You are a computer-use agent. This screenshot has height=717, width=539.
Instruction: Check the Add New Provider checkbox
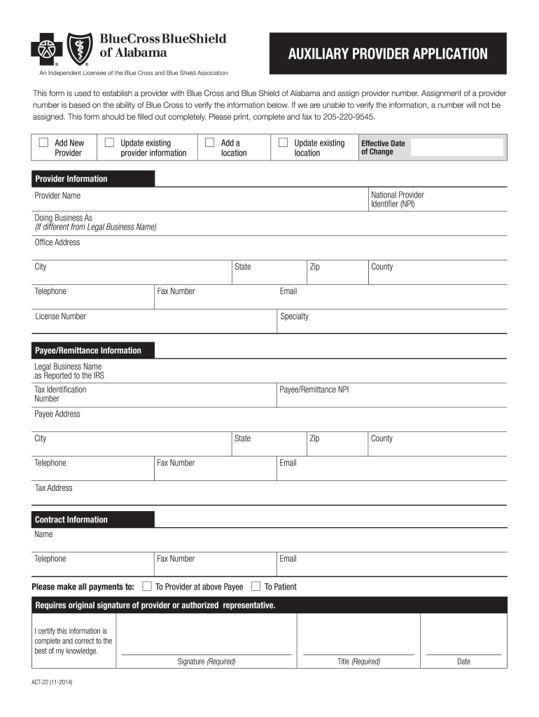click(43, 143)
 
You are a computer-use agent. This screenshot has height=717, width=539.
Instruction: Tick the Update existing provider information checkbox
click(109, 143)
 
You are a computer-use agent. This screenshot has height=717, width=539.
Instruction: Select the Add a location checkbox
click(209, 143)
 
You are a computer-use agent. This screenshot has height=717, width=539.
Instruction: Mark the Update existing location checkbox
click(283, 143)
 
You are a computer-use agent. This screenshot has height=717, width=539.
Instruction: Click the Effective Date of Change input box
click(456, 148)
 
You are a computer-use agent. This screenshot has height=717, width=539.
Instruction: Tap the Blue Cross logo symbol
click(47, 48)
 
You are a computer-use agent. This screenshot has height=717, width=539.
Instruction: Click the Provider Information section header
click(71, 179)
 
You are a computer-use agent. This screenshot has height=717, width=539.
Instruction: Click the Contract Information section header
click(71, 520)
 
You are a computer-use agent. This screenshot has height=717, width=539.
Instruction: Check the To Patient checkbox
click(256, 586)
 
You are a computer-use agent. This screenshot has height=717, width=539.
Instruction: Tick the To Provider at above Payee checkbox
click(147, 586)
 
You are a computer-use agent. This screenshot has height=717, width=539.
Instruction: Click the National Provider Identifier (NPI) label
click(397, 200)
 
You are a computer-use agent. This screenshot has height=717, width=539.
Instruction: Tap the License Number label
click(61, 316)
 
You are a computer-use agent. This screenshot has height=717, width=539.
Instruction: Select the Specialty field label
click(294, 316)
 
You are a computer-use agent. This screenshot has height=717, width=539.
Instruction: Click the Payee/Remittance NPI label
click(314, 389)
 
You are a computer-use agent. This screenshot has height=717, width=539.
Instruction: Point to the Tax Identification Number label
click(60, 394)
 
